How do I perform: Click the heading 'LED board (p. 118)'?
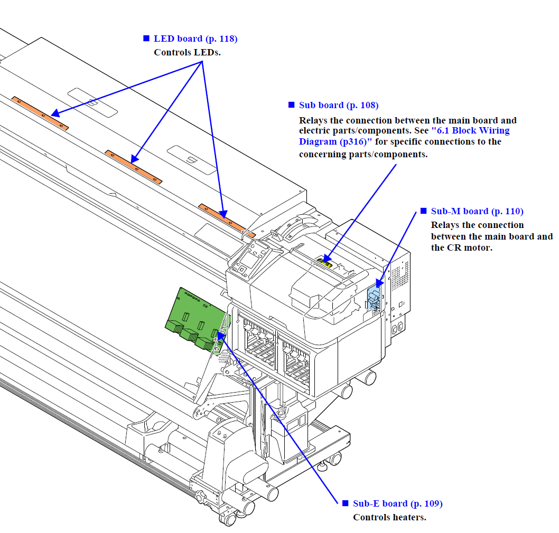tap(195, 39)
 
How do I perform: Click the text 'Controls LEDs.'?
tap(187, 53)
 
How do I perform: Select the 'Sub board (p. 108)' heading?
tap(338, 106)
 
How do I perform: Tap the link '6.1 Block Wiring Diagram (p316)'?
tap(404, 136)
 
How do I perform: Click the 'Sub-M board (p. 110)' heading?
tap(477, 212)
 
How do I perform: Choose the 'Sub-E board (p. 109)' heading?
tap(397, 504)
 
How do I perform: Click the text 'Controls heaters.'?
tap(389, 518)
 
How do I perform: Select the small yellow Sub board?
tap(326, 262)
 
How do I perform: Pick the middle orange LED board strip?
tap(133, 166)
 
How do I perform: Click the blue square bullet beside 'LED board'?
tap(146, 39)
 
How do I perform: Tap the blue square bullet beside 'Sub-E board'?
tap(346, 503)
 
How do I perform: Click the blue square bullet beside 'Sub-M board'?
tap(423, 211)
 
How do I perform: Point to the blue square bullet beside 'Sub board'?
tap(291, 105)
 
